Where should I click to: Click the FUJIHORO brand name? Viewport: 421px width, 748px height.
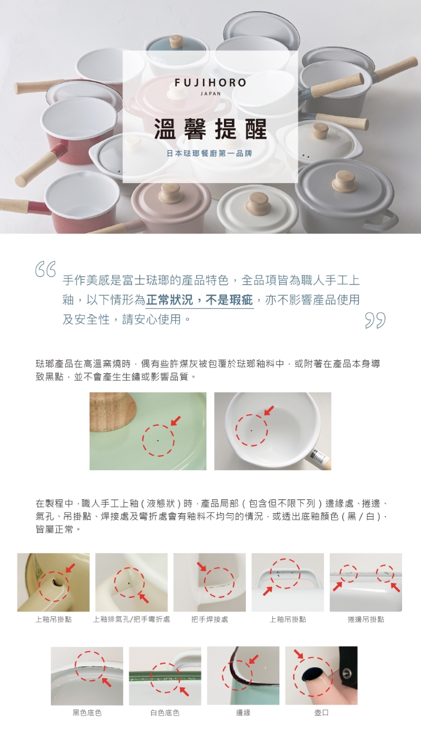coord(210,83)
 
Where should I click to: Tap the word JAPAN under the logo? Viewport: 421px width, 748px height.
coord(210,94)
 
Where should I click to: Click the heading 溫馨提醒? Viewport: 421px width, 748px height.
coord(210,129)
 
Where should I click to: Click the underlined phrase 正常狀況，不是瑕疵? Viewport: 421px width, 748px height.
coord(200,300)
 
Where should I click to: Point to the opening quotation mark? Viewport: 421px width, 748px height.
coord(45,269)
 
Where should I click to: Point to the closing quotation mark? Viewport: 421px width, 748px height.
coord(375,321)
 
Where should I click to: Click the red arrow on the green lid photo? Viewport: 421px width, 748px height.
coord(176,421)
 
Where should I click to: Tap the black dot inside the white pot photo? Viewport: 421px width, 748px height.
coord(251,431)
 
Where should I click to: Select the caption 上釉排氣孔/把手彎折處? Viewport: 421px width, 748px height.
coord(131,619)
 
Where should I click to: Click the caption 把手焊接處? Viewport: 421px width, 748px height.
coord(210,619)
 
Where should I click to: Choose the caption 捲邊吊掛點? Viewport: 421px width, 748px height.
coord(366,619)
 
